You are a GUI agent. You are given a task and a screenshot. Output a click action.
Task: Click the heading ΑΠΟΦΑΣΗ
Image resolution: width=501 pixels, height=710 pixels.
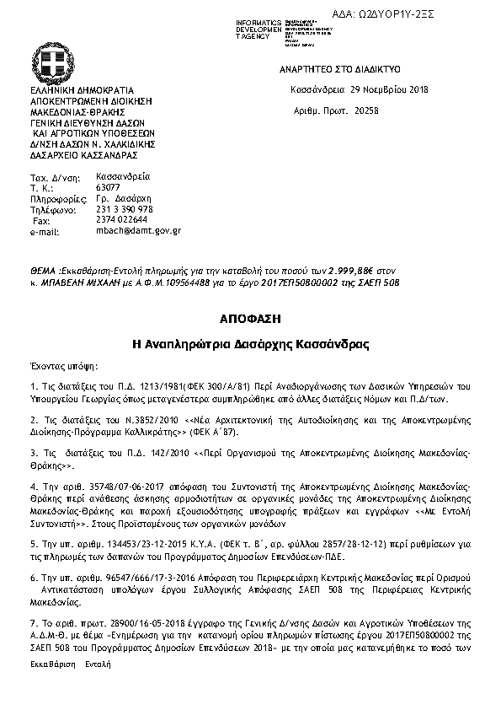[249, 320]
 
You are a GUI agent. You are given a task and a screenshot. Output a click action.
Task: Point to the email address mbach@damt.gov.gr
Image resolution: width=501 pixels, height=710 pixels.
[139, 229]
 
